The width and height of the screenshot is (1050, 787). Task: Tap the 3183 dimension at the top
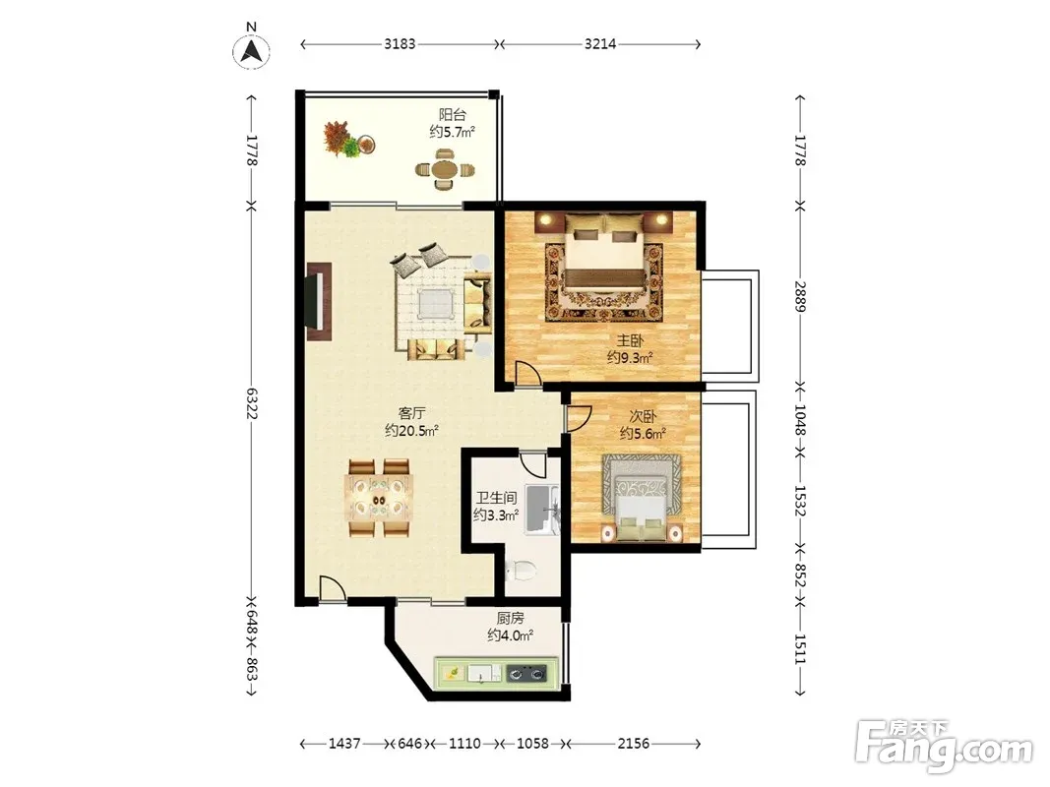[400, 44]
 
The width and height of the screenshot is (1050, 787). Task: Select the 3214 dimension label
[600, 44]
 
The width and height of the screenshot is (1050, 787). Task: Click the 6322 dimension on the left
[252, 403]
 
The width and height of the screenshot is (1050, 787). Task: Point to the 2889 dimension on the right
[800, 295]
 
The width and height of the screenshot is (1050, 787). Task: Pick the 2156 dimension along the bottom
[633, 743]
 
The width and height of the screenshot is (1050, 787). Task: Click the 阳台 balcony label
[453, 114]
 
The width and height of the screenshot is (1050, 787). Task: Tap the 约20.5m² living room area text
[411, 430]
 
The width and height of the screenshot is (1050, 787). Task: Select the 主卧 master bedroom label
[630, 340]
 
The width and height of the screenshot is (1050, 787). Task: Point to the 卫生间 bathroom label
[496, 498]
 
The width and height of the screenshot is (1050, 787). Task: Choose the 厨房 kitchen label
[511, 619]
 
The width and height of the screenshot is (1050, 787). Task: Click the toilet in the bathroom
[521, 571]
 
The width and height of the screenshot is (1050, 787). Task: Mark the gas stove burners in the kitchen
[526, 673]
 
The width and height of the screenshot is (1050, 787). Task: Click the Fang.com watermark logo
[944, 743]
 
